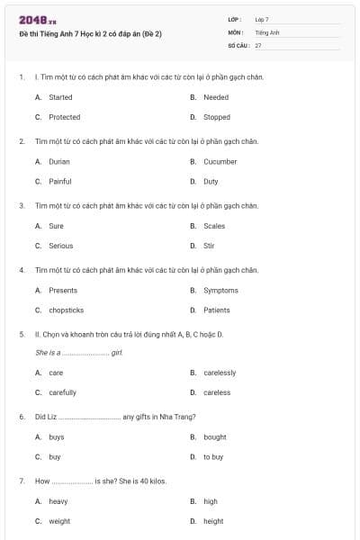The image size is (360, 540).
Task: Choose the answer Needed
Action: coord(216,97)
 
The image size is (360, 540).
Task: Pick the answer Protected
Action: coord(64,117)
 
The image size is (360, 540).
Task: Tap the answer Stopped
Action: coord(217,117)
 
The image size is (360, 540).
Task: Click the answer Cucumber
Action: coord(220,161)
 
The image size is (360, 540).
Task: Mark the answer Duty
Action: coord(212,181)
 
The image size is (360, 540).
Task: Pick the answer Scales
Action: coord(214,226)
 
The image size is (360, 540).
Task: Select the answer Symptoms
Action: coord(220,290)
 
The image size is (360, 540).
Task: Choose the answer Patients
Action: coord(217,310)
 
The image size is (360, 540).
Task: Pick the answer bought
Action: coord(215,436)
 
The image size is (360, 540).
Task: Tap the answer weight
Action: coord(59,521)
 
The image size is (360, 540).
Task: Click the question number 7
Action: coord(22,481)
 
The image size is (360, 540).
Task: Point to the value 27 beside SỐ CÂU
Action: coord(258,45)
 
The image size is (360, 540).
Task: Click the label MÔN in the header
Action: coord(236,32)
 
